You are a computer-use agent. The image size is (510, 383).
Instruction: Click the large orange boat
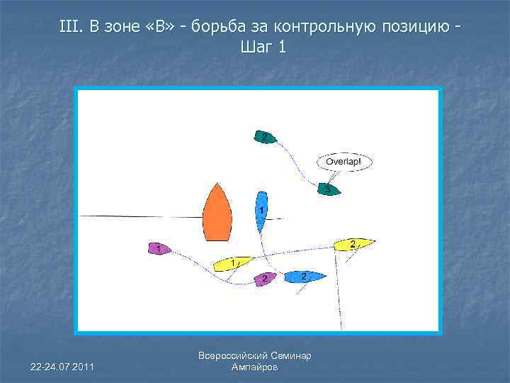tap(217, 213)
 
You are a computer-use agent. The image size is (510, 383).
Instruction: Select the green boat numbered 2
tap(265, 136)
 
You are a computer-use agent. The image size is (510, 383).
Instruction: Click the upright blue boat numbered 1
tap(261, 211)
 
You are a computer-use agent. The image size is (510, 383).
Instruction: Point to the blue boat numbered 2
tap(305, 277)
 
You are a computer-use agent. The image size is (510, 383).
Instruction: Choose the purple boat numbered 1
tap(161, 248)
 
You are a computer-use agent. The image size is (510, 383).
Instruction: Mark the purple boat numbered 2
tap(265, 278)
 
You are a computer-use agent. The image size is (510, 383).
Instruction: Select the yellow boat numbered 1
tap(232, 263)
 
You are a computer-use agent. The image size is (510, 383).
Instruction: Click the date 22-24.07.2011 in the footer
tap(62, 365)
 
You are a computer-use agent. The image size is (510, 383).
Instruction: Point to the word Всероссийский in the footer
tap(232, 356)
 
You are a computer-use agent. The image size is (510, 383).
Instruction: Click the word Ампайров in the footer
tap(255, 367)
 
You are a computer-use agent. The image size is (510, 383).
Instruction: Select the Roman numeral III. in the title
tap(72, 28)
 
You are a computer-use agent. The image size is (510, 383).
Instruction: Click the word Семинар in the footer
tap(290, 356)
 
